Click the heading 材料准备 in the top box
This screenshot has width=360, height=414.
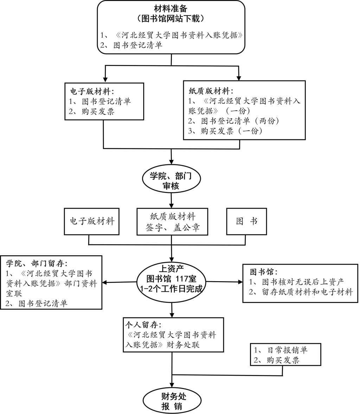171,8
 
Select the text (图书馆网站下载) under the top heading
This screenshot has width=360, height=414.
171,18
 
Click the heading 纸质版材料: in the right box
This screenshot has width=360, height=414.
211,91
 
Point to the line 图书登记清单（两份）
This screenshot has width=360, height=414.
233,121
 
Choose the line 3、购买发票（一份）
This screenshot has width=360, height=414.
225,131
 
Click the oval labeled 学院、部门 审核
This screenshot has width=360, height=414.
172,180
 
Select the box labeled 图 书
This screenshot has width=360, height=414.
246,221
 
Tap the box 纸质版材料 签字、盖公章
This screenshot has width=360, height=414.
172,221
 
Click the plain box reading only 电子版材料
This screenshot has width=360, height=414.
92,221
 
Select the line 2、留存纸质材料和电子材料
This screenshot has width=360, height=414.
301,292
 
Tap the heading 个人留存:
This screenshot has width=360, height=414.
143,324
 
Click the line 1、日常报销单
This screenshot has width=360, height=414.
281,350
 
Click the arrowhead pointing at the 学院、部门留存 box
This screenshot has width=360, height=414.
105,283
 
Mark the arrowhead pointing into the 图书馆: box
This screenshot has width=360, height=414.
240,282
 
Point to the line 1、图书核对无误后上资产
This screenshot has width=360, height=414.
296,282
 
